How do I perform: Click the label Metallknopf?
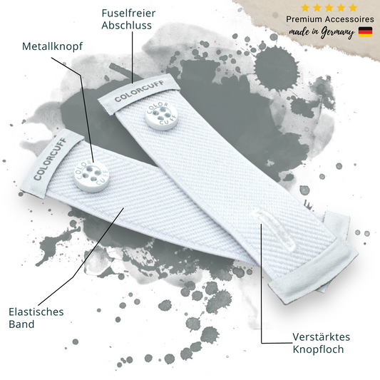pos(52,46)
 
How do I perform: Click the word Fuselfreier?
pos(128,13)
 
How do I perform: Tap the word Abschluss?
pos(126,25)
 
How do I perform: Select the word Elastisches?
pos(36,312)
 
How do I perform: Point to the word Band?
pos(21,324)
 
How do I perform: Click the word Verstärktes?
pos(321,337)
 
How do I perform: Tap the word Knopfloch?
pos(318,349)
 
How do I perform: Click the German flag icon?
pos(365,32)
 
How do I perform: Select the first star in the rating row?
pos(305,8)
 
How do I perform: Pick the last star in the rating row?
pos(353,8)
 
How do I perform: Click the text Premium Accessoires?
pos(330,19)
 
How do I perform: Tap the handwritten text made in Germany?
pos(322,33)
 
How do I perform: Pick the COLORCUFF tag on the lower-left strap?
pos(52,163)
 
